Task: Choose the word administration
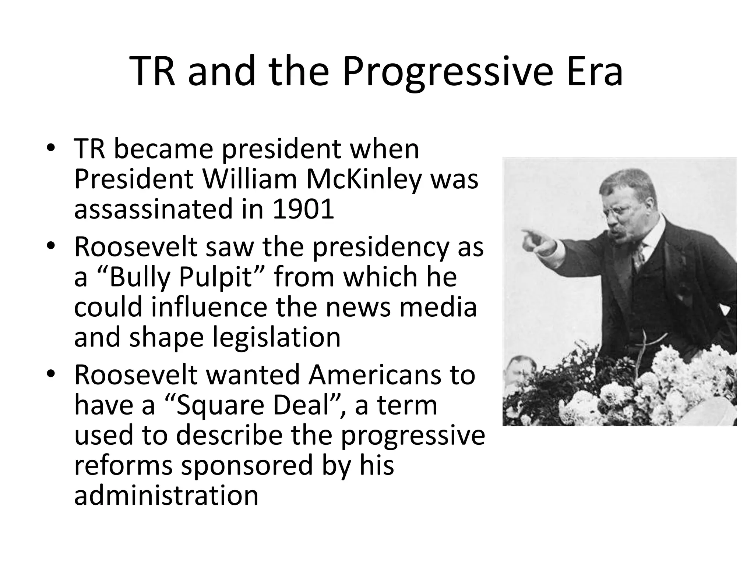[x=166, y=495]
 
